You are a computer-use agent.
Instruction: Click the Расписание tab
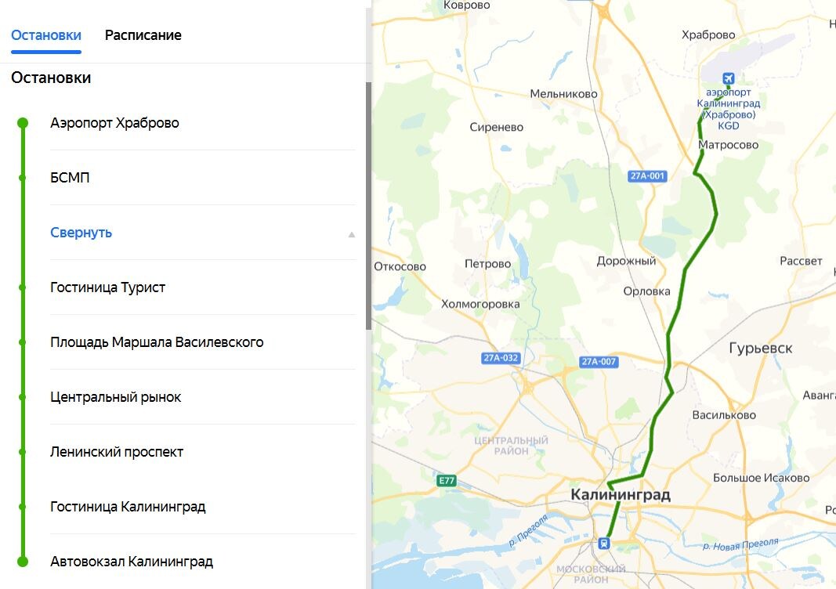pos(143,35)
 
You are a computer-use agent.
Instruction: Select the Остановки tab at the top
pos(46,35)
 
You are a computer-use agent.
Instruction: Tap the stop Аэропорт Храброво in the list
pos(114,123)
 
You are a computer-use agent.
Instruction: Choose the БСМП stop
pos(70,178)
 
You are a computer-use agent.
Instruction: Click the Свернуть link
pos(81,233)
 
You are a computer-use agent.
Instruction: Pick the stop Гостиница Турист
pos(107,287)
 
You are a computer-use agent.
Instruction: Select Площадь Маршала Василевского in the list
pos(157,342)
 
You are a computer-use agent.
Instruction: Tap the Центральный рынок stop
pos(115,397)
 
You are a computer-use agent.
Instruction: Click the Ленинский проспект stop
pos(117,452)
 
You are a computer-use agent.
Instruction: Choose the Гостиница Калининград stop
pos(128,507)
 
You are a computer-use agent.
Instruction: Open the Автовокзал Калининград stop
pos(132,562)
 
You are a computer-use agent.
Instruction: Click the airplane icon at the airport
pos(729,78)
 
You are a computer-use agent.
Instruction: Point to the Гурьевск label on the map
pos(760,349)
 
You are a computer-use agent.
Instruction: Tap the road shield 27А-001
pos(647,176)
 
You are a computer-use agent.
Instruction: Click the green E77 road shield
pos(447,480)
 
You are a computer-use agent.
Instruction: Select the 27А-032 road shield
pos(501,359)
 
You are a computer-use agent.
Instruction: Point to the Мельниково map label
pos(563,94)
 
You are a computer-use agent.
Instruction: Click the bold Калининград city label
pos(621,495)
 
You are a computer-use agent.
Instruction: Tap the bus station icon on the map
pos(604,543)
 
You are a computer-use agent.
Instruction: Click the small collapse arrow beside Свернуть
pos(352,233)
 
